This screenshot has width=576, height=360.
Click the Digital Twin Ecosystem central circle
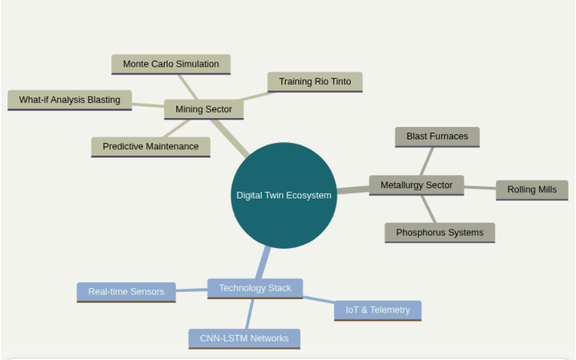[x=284, y=195]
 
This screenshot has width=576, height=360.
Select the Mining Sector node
[x=204, y=109]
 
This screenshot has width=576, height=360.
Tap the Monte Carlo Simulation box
[x=171, y=64]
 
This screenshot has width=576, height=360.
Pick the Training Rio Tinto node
[x=314, y=82]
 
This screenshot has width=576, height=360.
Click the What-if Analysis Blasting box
[x=69, y=100]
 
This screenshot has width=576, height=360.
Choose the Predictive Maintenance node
[x=150, y=147]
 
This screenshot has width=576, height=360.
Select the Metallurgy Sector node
[x=416, y=185]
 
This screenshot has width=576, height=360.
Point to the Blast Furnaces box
[x=437, y=136]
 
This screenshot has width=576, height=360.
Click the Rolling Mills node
[x=531, y=190]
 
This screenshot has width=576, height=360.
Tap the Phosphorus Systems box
[x=439, y=233]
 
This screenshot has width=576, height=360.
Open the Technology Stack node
[x=255, y=288]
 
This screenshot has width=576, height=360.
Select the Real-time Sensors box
[x=126, y=292]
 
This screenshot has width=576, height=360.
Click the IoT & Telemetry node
[x=377, y=310]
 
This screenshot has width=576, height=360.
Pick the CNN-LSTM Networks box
[x=244, y=338]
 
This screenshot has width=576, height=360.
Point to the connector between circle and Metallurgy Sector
[x=353, y=189]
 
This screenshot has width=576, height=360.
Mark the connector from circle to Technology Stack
[x=265, y=263]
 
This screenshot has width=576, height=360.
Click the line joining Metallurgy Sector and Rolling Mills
[x=479, y=187]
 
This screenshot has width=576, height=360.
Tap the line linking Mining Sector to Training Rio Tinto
[x=255, y=96]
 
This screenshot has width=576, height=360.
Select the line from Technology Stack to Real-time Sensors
[x=191, y=290]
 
